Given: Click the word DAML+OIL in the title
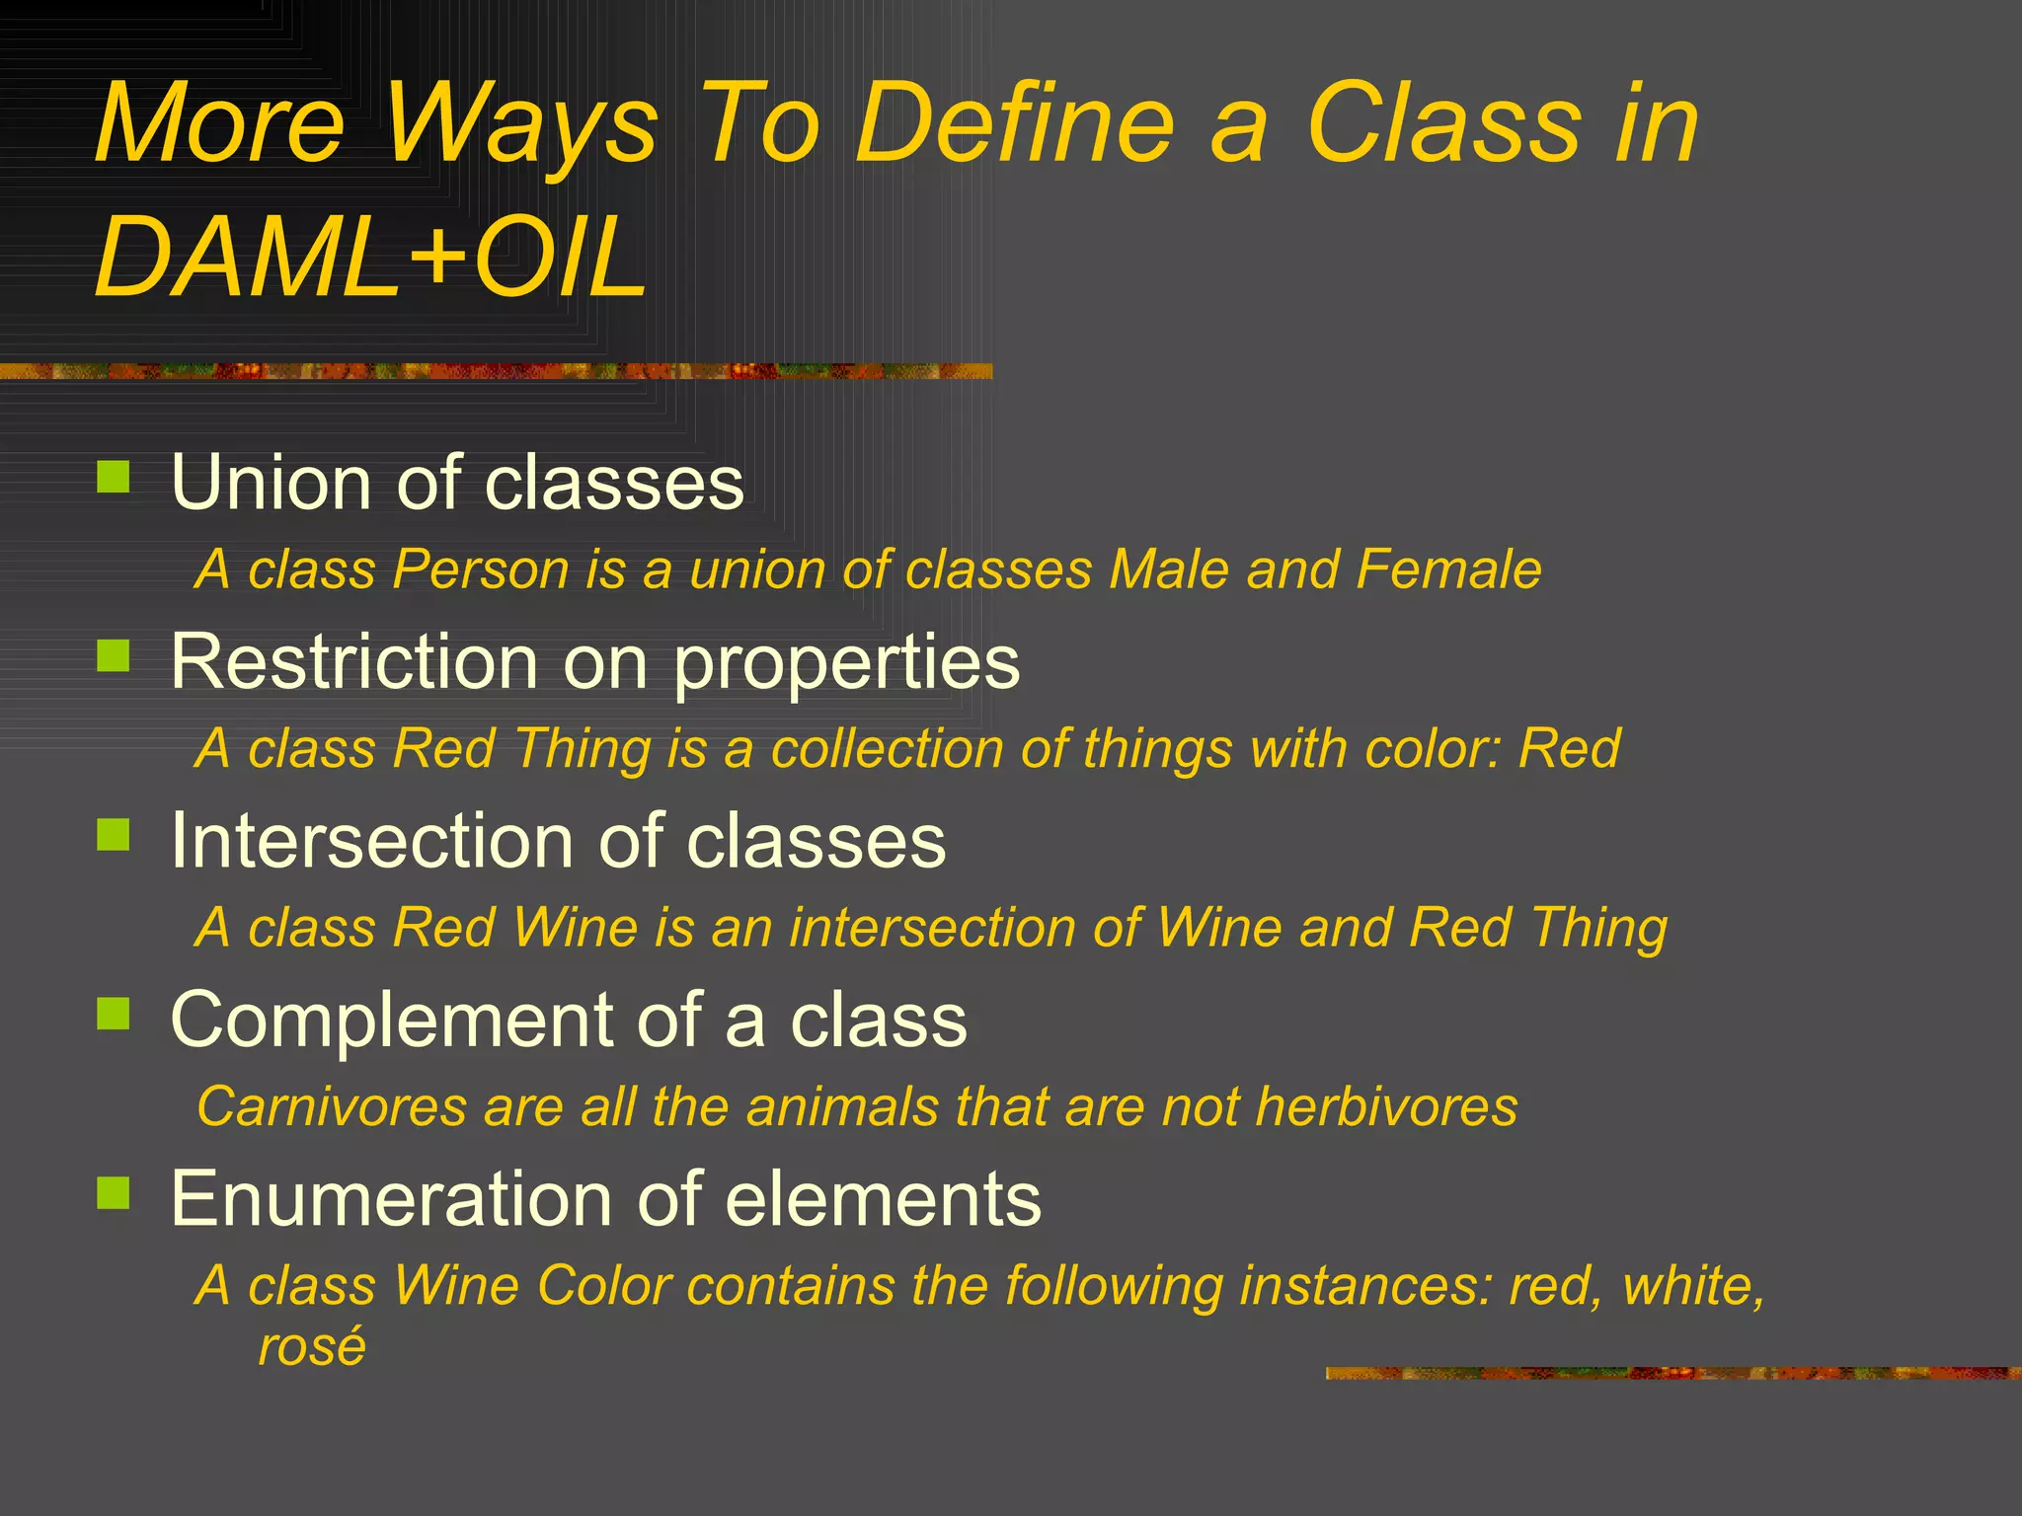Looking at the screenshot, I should pyautogui.click(x=370, y=257).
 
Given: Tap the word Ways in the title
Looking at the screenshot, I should pyautogui.click(x=520, y=125).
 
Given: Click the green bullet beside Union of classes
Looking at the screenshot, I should pyautogui.click(x=114, y=477).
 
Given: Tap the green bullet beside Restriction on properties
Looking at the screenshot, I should pyautogui.click(x=114, y=655).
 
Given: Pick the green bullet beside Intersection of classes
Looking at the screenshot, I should pyautogui.click(x=114, y=835).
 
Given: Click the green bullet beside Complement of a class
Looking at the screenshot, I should pyautogui.click(x=114, y=1014).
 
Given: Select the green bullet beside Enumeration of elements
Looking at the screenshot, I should pyautogui.click(x=114, y=1192).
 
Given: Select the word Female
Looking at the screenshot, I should pyautogui.click(x=1447, y=569).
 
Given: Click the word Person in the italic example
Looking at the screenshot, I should pyautogui.click(x=480, y=570).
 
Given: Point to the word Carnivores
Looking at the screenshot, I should pyautogui.click(x=332, y=1106).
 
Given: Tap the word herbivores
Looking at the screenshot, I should pyautogui.click(x=1386, y=1106).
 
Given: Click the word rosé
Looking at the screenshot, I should pyautogui.click(x=312, y=1346).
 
